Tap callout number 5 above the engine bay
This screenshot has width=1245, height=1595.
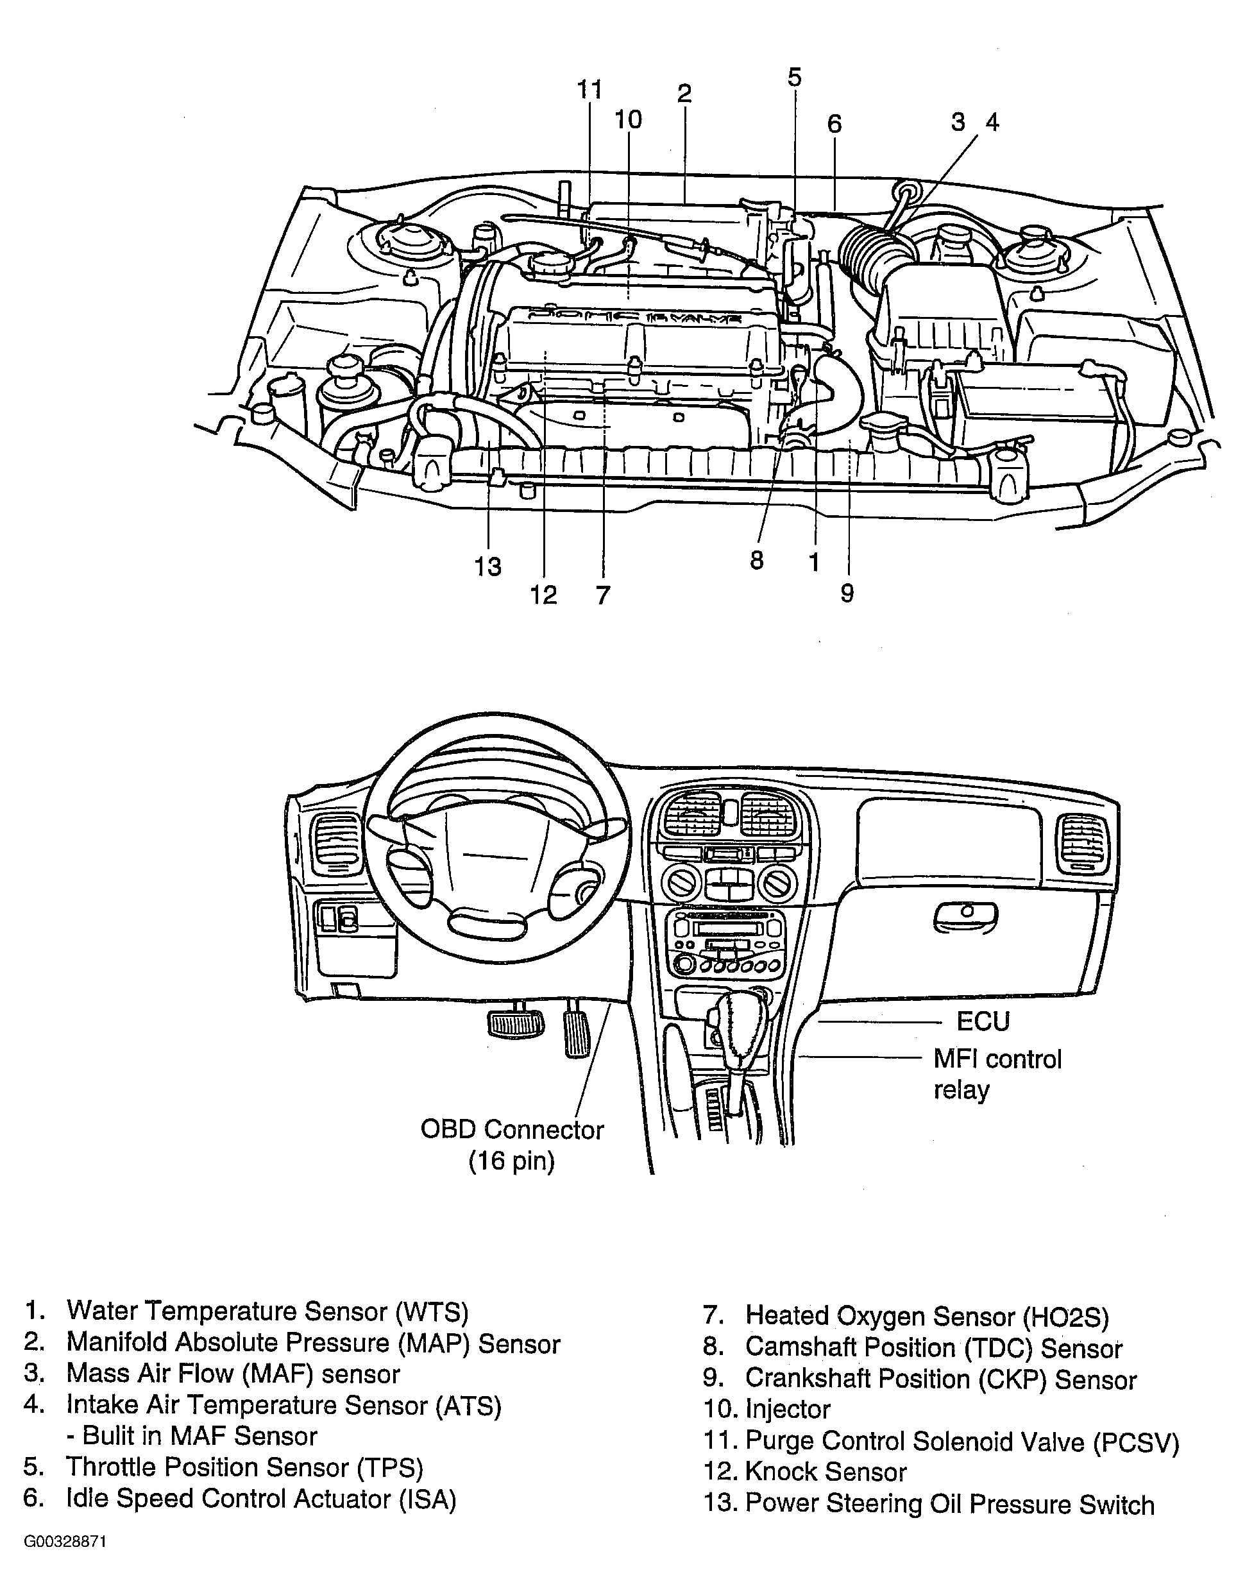795,77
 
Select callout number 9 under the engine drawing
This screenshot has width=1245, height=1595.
847,593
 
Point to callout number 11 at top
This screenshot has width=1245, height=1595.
590,89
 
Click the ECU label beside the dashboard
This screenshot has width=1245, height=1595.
983,1021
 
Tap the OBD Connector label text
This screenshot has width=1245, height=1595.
512,1130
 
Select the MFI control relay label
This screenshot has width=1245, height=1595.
997,1074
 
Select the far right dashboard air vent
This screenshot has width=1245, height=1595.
1083,844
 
